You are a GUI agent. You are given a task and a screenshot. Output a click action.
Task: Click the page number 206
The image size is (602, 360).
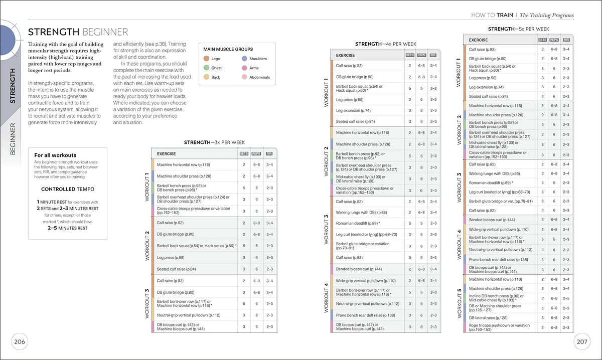[x=20, y=342]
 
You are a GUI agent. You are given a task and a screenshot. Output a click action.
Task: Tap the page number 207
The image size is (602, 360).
[x=582, y=342]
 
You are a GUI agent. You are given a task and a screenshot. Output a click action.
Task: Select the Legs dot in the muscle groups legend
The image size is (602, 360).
[x=206, y=59]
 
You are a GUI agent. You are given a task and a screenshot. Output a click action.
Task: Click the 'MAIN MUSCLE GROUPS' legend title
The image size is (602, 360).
[x=228, y=49]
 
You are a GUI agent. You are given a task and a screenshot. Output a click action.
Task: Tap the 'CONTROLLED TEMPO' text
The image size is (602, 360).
[x=67, y=189]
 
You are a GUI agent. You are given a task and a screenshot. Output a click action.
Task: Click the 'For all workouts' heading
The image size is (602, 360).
[x=55, y=155]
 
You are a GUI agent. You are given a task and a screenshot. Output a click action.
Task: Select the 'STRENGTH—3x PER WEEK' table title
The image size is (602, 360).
[x=214, y=142]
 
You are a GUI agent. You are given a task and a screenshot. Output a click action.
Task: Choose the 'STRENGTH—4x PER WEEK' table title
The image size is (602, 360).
[x=386, y=44]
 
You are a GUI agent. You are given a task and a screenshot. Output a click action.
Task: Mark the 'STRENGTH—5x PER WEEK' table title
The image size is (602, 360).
[x=519, y=29]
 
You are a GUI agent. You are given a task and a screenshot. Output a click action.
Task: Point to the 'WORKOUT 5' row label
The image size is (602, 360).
[x=459, y=303]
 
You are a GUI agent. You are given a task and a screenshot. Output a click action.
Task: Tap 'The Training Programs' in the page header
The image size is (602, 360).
[x=546, y=16]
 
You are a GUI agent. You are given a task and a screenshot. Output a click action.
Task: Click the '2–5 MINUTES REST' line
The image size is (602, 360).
[x=67, y=228]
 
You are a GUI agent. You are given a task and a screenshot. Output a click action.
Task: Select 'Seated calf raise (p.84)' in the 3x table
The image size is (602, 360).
[x=176, y=269]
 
